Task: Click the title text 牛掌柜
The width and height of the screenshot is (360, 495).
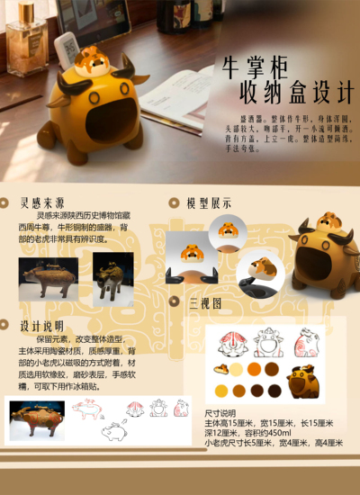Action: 263,67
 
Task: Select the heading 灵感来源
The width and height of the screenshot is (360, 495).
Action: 43,202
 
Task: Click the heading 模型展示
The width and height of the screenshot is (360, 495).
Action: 209,203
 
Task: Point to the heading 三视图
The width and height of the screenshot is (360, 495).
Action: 205,303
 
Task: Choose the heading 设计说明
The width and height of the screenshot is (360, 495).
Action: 42,326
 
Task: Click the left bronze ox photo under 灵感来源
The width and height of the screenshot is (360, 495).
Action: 47,279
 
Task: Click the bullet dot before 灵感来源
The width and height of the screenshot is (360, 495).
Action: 10,202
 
